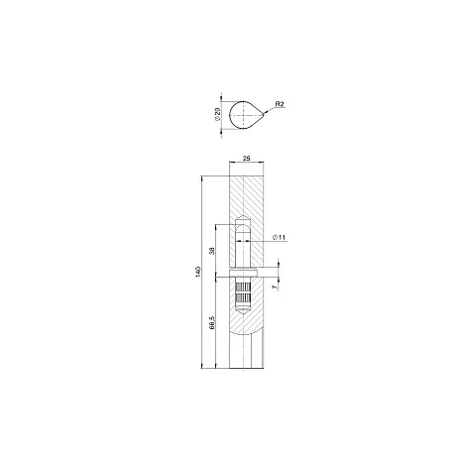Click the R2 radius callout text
click(280, 104)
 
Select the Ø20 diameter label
click(217, 114)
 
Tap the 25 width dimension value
click(246, 159)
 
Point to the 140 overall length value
click(198, 272)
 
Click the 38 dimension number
click(212, 251)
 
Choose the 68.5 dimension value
click(212, 322)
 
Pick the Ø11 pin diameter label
click(279, 237)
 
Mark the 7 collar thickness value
click(274, 288)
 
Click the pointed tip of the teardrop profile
click(264, 115)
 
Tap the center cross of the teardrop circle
click(243, 115)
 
